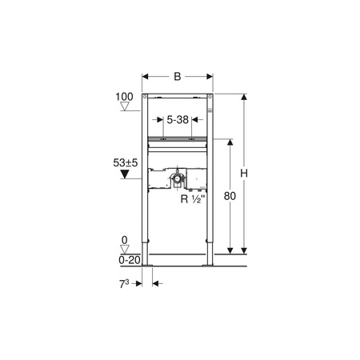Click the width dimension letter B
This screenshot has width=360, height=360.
pyautogui.click(x=178, y=77)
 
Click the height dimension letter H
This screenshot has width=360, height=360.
pyautogui.click(x=244, y=174)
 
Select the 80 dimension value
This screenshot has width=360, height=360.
pyautogui.click(x=230, y=196)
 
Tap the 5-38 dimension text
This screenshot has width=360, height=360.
pyautogui.click(x=178, y=120)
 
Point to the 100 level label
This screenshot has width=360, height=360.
pyautogui.click(x=124, y=97)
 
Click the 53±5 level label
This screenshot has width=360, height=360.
pyautogui.click(x=126, y=162)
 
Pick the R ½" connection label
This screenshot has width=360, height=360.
pyautogui.click(x=194, y=199)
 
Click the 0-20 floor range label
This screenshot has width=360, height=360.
pyautogui.click(x=130, y=260)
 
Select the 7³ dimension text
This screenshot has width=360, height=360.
pyautogui.click(x=124, y=284)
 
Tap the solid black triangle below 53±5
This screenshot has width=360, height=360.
pyautogui.click(x=125, y=174)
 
